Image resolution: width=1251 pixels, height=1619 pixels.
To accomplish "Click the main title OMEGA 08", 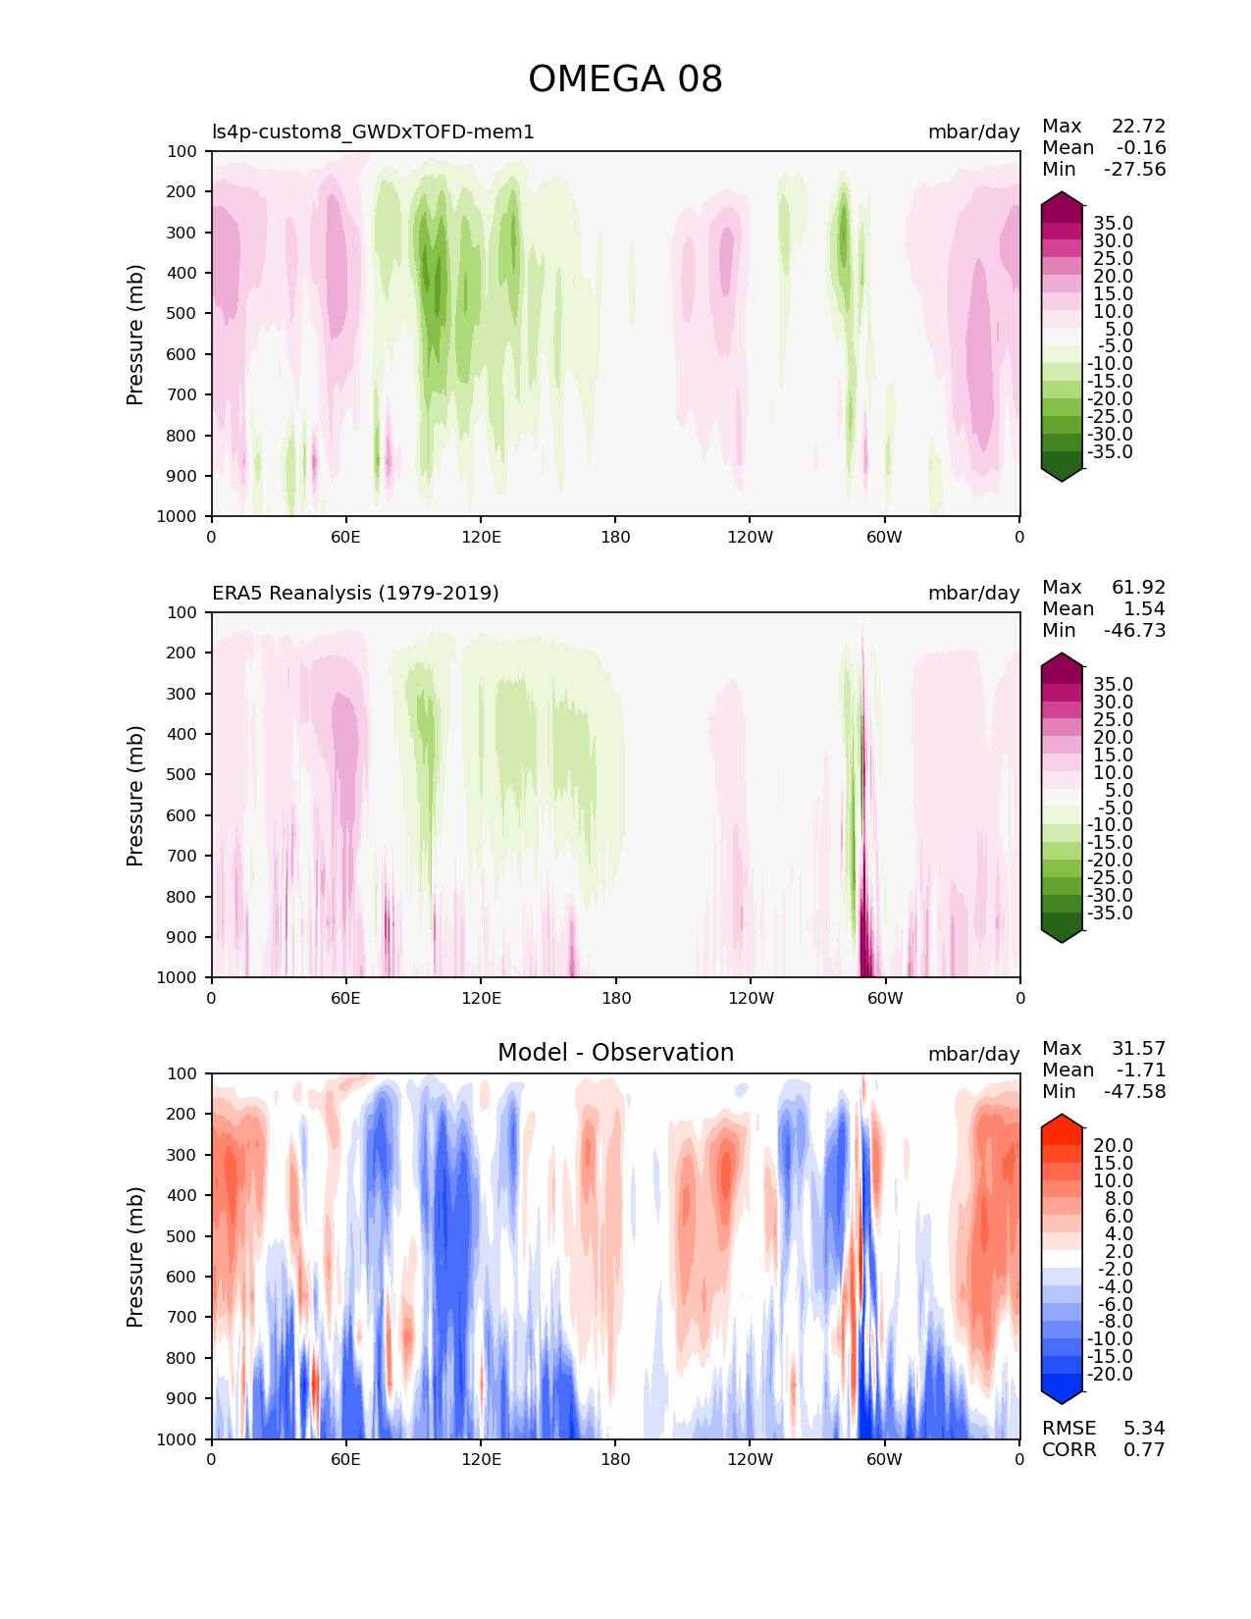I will (625, 79).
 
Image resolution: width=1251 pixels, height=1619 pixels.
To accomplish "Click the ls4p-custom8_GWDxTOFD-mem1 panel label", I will (373, 132).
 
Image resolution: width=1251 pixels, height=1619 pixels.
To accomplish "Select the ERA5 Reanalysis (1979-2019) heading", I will (355, 594).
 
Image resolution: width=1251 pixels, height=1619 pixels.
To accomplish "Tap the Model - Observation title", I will (615, 1053).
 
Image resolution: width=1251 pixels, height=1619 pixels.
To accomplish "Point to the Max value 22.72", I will (1138, 127).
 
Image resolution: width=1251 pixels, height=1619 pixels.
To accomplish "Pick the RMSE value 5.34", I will (1144, 1429).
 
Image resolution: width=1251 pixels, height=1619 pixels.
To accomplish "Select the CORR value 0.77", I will (1144, 1450).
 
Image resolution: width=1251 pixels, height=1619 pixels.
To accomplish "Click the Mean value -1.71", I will (1141, 1071).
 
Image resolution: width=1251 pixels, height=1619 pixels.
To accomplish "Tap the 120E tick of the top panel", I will (481, 538).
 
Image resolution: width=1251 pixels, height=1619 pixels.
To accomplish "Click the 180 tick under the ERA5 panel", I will (616, 999).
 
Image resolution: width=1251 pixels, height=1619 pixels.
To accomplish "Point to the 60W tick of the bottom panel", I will (884, 1460).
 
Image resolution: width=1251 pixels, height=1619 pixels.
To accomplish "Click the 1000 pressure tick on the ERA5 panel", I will (177, 977).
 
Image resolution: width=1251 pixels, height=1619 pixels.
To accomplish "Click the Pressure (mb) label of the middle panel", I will (135, 795).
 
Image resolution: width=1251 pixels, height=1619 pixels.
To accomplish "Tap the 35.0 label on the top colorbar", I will (1113, 224).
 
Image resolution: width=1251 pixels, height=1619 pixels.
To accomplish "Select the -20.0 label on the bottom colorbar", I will (1110, 1375).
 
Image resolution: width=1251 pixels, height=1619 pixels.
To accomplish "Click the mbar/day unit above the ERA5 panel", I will (973, 594).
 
